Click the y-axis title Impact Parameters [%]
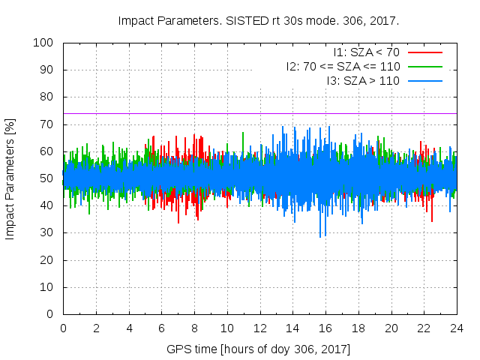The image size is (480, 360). pos(10,178)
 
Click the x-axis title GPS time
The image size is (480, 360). pos(259,349)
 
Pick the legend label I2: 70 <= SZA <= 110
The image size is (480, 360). pos(343,67)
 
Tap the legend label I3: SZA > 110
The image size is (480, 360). pos(363,80)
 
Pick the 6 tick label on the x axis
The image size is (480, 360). pos(161,328)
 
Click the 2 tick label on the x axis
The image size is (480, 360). pos(96,328)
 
